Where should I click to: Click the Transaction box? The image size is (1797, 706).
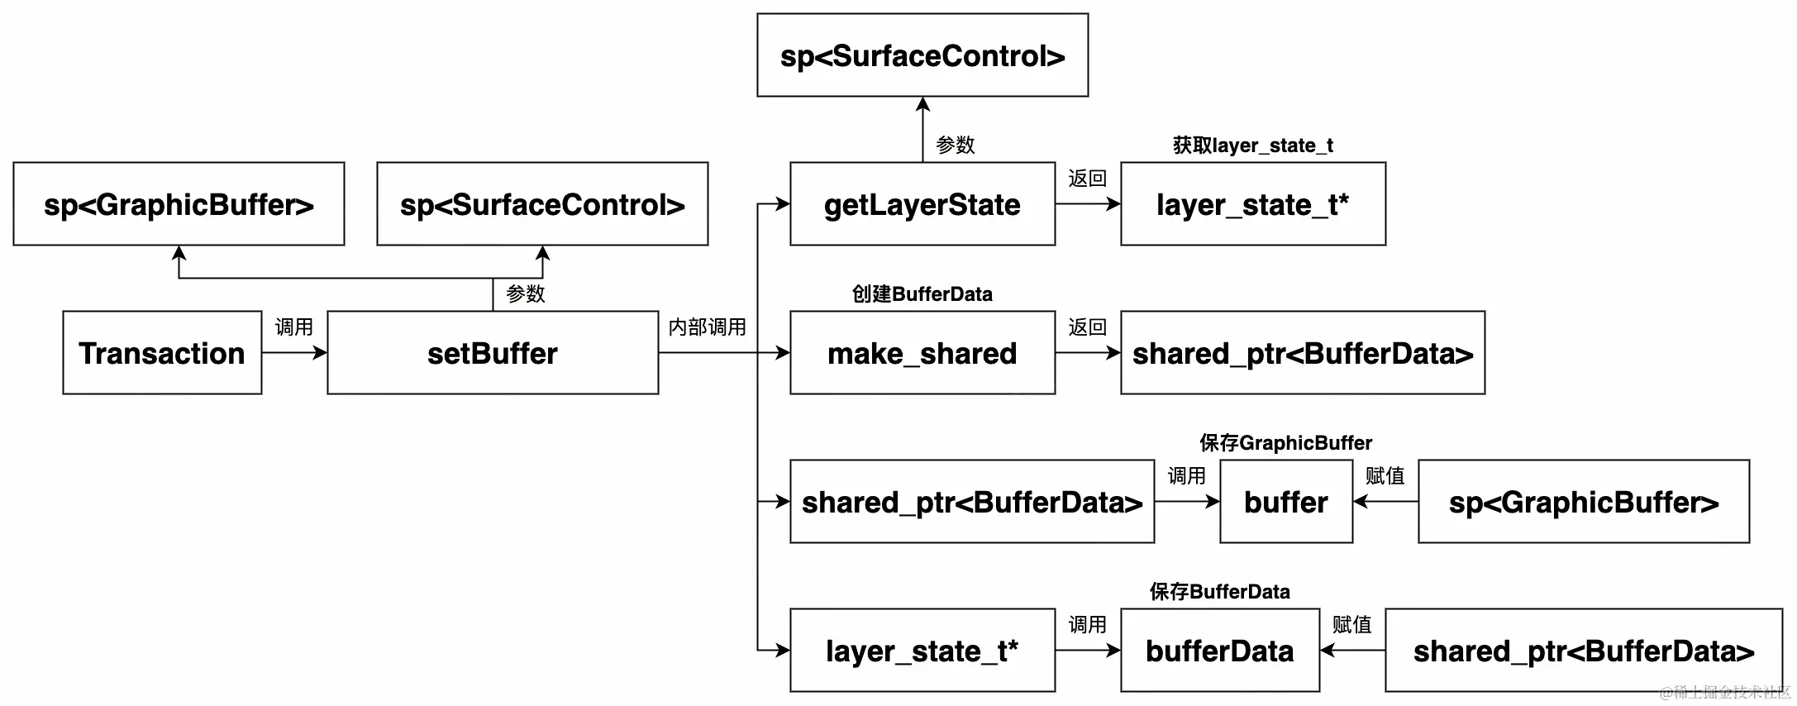point(162,353)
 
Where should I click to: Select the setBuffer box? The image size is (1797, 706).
point(493,353)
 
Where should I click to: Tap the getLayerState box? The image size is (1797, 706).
point(922,204)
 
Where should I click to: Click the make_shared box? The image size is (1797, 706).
point(922,353)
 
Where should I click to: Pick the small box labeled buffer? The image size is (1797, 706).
point(1286,502)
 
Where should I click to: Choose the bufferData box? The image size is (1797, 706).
point(1220,651)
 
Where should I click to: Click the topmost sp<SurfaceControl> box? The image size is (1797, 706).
point(922,55)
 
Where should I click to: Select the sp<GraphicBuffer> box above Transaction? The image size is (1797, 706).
point(179,204)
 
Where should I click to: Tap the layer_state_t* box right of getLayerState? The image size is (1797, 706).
point(1253,204)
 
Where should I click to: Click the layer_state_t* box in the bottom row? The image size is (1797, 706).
point(922,651)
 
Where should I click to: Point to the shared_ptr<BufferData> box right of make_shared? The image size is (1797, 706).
point(1303,353)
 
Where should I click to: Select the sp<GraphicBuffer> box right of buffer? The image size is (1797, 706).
point(1584,502)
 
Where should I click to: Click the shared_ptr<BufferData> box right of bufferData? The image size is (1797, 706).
point(1584,651)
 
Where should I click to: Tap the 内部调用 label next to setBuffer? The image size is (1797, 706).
point(707,327)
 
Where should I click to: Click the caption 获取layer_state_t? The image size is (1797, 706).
point(1253,145)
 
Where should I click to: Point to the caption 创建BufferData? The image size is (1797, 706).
point(922,294)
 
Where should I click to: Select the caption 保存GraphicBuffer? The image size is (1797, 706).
point(1286,443)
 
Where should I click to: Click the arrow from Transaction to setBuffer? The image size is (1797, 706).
point(294,353)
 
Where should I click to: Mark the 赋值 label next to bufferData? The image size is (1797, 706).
point(1352,625)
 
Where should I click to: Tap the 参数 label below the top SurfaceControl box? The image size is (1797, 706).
point(956,145)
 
